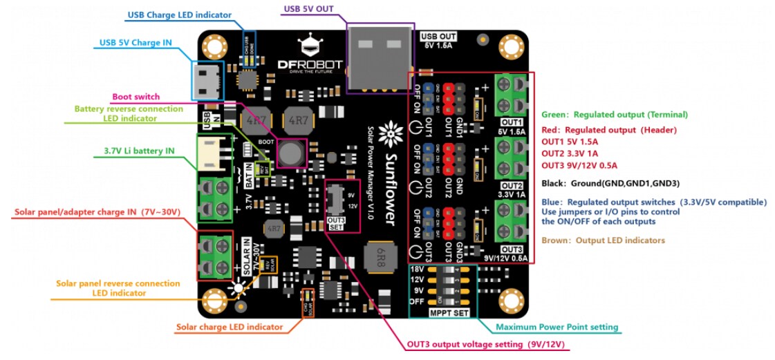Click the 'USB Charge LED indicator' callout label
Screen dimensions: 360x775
click(x=179, y=15)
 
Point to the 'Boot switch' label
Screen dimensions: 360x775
click(x=135, y=97)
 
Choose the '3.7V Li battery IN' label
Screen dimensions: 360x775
click(x=139, y=151)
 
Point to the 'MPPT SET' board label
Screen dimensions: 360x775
click(x=449, y=312)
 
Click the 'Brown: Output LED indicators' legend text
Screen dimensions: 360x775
click(x=603, y=240)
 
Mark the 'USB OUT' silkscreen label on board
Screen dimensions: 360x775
click(x=438, y=36)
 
